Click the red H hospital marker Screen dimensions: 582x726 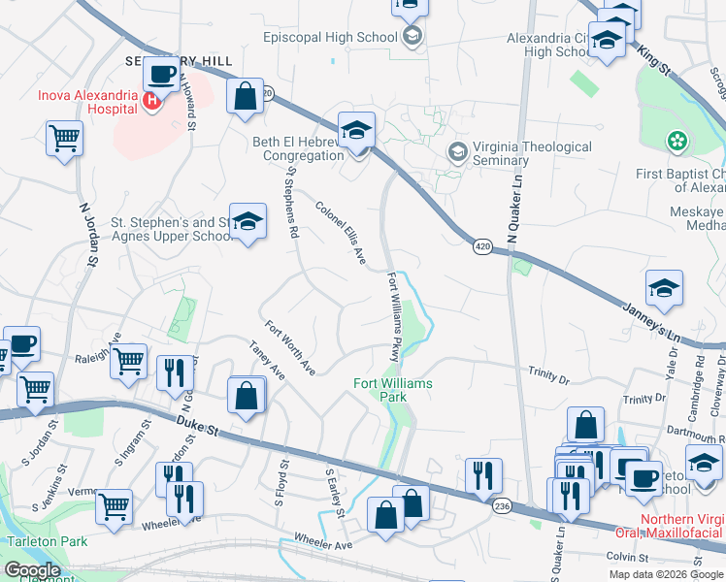click(151, 99)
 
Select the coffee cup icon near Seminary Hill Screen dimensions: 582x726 click(161, 74)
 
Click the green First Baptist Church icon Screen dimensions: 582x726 click(676, 143)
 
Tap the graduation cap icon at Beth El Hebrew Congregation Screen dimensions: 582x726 click(356, 131)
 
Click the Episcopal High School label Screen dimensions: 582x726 click(330, 37)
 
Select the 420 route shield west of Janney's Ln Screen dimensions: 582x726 click(482, 247)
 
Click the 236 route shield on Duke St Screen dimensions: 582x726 click(502, 505)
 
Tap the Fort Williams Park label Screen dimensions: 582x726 click(392, 390)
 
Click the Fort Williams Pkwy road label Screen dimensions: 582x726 click(393, 317)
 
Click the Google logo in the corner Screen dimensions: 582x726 click(32, 570)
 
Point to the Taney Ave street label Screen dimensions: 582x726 click(266, 360)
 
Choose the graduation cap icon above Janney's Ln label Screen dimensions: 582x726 click(664, 288)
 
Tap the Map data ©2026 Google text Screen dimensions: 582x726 click(665, 574)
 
